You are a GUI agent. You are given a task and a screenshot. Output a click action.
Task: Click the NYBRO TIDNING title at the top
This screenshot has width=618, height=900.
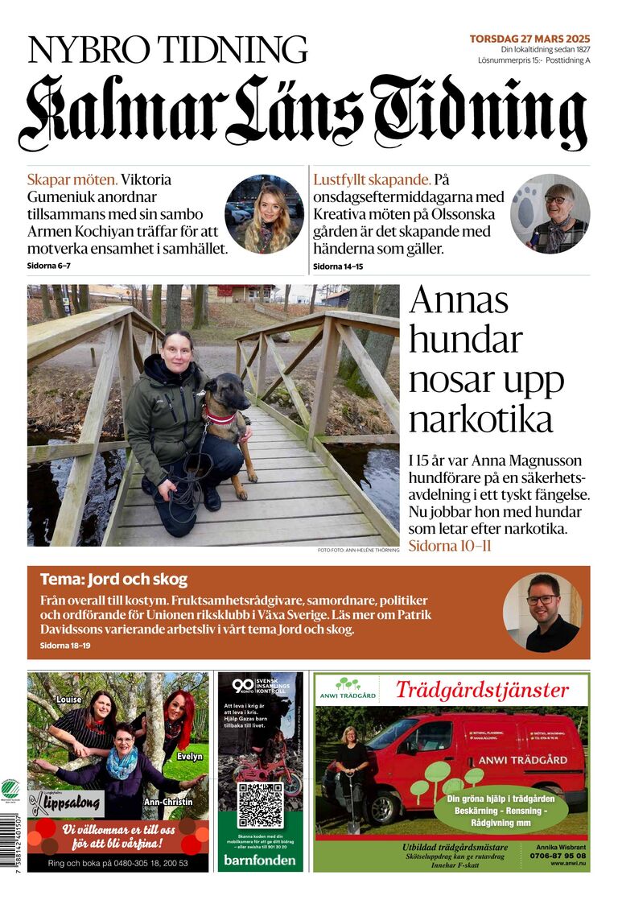[167, 50]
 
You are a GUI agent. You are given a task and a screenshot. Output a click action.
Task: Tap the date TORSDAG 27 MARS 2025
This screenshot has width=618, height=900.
[529, 39]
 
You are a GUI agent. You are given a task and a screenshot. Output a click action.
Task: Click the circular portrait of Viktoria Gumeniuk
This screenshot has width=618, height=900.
[264, 214]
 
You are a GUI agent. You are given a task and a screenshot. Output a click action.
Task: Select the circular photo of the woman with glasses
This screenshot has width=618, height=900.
[550, 214]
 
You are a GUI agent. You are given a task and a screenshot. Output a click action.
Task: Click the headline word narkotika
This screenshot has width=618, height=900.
[480, 419]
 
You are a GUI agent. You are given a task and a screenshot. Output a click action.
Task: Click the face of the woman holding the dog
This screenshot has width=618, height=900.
[177, 352]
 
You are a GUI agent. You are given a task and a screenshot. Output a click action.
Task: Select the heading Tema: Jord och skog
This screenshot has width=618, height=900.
[113, 579]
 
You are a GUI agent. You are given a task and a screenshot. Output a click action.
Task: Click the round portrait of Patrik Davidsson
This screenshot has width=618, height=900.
[542, 612]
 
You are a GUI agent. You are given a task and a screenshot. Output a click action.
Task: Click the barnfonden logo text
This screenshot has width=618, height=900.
[260, 858]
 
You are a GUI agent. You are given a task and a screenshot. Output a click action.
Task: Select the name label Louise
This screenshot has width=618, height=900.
[69, 700]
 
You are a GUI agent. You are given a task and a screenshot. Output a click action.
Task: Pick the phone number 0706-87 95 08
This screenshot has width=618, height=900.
[558, 857]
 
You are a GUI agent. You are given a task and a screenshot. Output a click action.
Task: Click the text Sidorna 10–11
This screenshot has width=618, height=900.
[450, 547]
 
